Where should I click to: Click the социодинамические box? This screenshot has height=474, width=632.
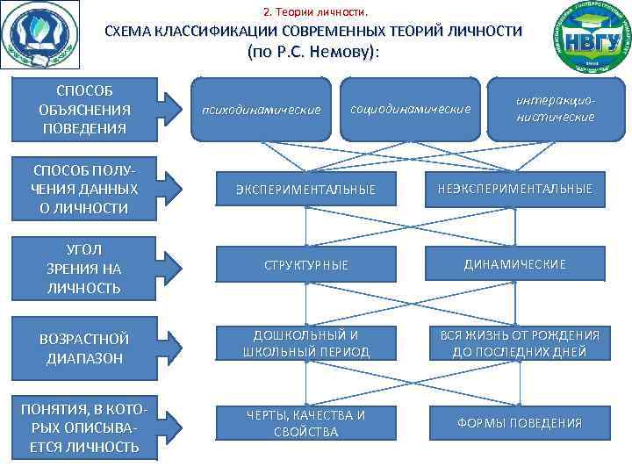click(410, 110)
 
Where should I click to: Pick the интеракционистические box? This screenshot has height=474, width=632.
click(556, 110)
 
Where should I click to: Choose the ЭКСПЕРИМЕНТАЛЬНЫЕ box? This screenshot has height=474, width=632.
click(305, 189)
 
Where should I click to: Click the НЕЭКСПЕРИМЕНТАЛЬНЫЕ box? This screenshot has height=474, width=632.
click(514, 189)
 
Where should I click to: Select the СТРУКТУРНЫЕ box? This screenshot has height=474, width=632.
click(305, 264)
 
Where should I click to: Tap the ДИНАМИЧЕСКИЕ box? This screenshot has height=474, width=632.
click(514, 264)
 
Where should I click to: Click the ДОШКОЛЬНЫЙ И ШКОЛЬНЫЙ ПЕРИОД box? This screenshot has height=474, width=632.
click(305, 343)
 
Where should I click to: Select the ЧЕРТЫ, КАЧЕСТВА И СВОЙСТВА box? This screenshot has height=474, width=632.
click(305, 423)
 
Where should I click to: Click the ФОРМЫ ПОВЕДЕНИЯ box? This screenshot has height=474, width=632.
click(519, 423)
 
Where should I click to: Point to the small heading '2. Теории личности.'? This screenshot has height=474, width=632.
click(316, 12)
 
